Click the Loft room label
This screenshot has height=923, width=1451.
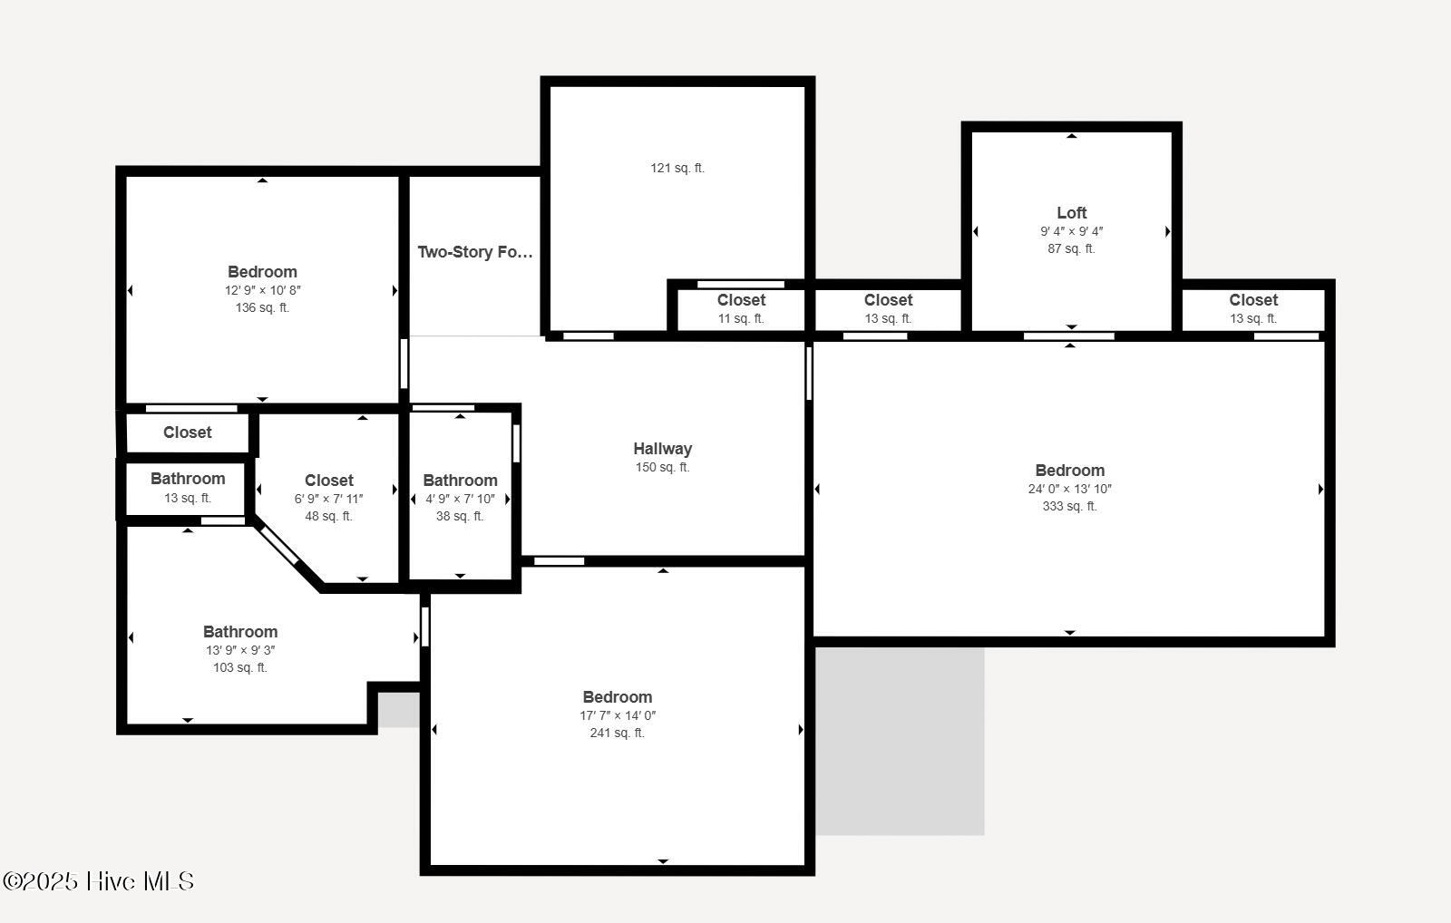(x=1071, y=212)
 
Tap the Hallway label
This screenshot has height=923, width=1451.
(x=663, y=448)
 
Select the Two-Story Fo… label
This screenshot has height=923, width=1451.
(x=475, y=252)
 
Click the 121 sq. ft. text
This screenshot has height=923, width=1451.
(x=677, y=168)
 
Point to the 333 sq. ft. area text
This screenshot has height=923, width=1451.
(x=1069, y=506)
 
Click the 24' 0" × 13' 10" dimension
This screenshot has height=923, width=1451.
(x=1069, y=489)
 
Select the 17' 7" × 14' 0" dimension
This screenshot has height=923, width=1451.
(x=618, y=715)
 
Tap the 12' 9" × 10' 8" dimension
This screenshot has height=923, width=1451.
(x=262, y=290)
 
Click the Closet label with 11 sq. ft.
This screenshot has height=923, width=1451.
(x=741, y=300)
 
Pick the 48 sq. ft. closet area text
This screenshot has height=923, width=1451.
(x=328, y=516)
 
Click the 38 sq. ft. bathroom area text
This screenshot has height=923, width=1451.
(x=459, y=516)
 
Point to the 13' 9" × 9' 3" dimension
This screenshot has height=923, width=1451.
(x=240, y=650)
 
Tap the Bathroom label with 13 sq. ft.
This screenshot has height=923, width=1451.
(x=188, y=479)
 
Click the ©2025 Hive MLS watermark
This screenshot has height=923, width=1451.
(x=99, y=881)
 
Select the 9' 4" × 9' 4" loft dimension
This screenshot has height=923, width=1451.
(x=1071, y=230)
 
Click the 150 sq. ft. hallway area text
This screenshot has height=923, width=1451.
(x=662, y=466)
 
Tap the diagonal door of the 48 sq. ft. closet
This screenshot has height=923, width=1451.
(x=279, y=546)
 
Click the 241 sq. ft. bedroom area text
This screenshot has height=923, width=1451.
(x=617, y=733)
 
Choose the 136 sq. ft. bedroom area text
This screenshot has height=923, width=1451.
(x=262, y=307)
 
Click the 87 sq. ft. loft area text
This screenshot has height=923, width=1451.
(x=1071, y=248)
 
